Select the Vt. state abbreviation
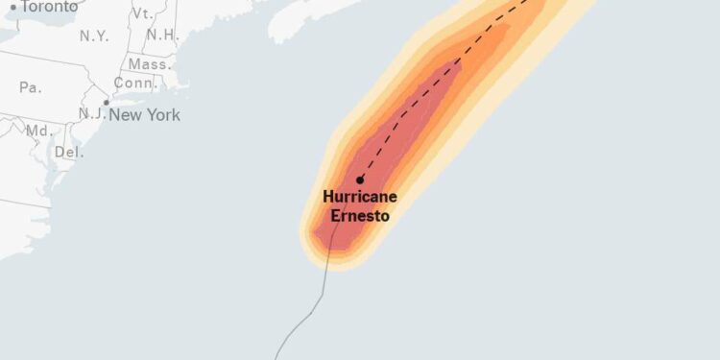(x=143, y=13)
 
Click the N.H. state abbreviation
(x=162, y=35)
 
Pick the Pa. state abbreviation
(x=30, y=87)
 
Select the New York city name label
(x=144, y=115)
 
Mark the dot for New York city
(x=107, y=103)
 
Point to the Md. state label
(x=38, y=130)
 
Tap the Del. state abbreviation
(x=68, y=152)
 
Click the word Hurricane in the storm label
(x=360, y=197)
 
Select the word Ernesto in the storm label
(x=360, y=216)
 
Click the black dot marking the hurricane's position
(x=360, y=180)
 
